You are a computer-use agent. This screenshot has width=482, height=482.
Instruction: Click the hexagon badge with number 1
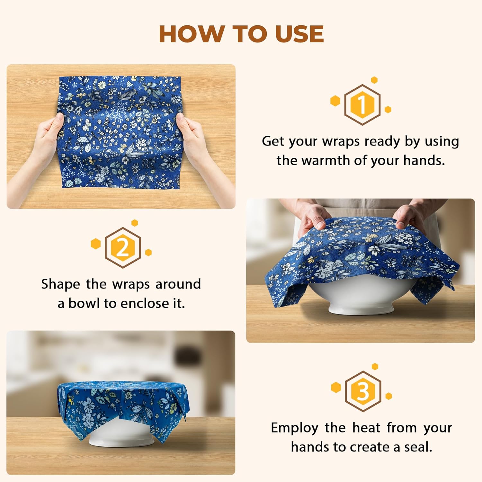click(362, 104)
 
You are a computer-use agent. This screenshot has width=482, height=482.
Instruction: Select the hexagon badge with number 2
click(123, 247)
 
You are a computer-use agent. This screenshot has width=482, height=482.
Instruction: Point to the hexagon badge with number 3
click(363, 391)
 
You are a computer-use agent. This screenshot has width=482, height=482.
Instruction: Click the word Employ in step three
click(295, 428)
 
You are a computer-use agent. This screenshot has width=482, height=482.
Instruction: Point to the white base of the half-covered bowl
click(361, 308)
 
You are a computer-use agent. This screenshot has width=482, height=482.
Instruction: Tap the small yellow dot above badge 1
click(374, 80)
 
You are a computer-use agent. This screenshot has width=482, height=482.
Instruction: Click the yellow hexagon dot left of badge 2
click(96, 244)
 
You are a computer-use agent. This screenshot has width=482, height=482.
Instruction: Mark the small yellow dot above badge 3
click(375, 367)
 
